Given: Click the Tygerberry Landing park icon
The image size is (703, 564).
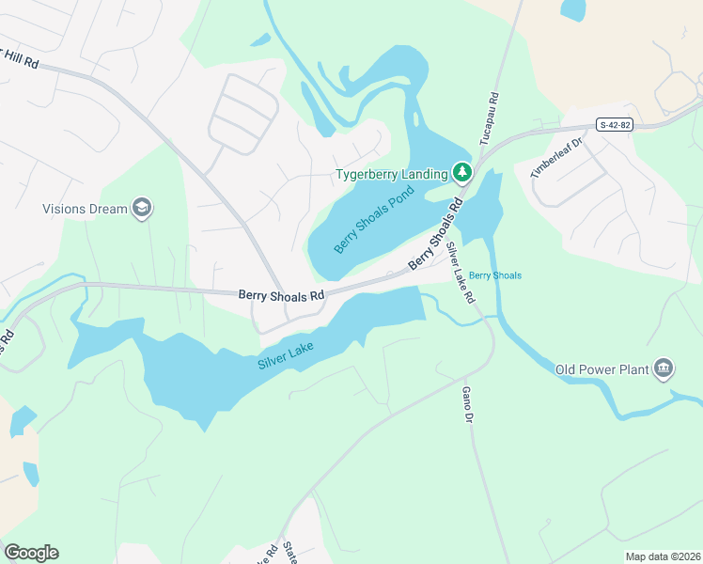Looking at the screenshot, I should point(461,173).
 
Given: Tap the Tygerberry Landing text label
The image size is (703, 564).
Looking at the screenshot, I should point(392,174).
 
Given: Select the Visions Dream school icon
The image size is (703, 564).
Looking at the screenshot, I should point(142,209).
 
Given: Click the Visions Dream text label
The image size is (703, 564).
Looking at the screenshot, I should point(85,209).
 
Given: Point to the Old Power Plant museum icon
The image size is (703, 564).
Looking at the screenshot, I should point(664,368).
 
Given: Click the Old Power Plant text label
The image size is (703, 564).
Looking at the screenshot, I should point(602,369).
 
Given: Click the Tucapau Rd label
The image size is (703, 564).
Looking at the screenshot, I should point(490,119).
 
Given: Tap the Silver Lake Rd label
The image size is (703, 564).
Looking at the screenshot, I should point(461,272).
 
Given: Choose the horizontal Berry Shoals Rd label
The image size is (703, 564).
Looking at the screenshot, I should point(281,294).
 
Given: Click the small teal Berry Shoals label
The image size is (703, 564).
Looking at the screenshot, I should point(494,275).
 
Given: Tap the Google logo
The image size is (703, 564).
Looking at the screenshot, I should point(31,553).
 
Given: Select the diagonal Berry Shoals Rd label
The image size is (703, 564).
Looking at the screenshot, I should point(435,235).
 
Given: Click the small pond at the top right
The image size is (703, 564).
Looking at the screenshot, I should point(572,10).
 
